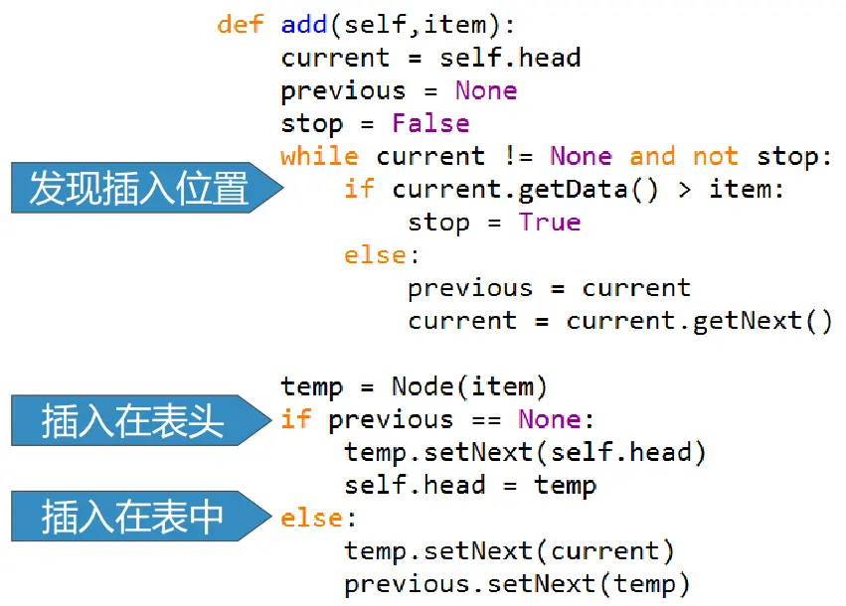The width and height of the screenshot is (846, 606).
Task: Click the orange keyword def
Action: [x=240, y=25]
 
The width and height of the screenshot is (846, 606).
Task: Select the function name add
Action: [x=304, y=25]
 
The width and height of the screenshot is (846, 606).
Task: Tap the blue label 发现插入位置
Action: [x=139, y=188]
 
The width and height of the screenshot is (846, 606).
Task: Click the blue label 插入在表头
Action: [x=133, y=420]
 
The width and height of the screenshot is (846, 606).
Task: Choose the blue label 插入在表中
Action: [x=133, y=517]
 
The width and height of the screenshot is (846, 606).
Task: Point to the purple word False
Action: [x=430, y=123]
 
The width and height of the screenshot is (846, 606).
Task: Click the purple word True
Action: [x=549, y=221]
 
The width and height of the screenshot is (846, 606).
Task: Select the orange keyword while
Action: [x=319, y=156]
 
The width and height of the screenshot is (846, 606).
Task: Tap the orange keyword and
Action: [x=652, y=156]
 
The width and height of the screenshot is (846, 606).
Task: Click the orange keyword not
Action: [x=716, y=156]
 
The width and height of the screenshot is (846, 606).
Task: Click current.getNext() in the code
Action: [x=699, y=321]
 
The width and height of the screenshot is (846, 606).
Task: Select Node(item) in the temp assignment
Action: [x=469, y=386]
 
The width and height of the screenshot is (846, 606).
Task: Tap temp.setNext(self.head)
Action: [x=525, y=453]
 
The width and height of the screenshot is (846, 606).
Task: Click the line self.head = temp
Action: [x=470, y=486]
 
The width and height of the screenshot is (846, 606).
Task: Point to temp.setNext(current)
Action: [x=509, y=550]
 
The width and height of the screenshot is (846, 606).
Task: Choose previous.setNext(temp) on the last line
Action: [x=517, y=584]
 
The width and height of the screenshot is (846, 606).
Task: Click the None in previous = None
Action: [x=486, y=90]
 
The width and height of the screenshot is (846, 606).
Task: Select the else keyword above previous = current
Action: [x=376, y=254]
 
